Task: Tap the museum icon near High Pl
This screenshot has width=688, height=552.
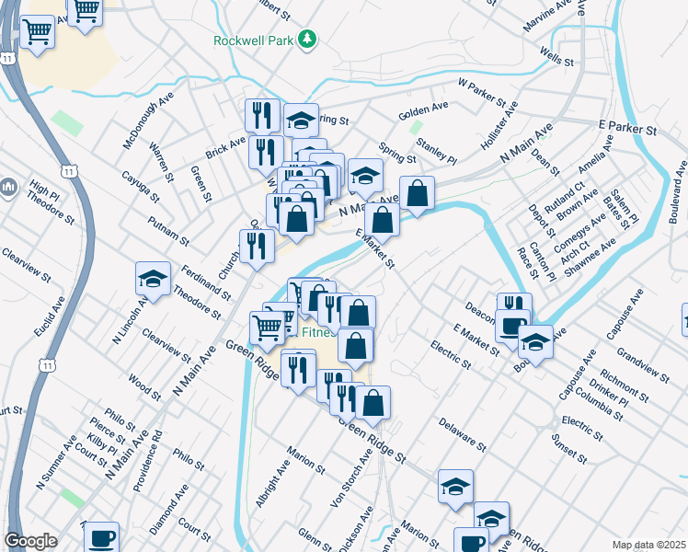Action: [8, 188]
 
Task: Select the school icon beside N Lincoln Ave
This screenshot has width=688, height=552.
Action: [154, 278]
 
